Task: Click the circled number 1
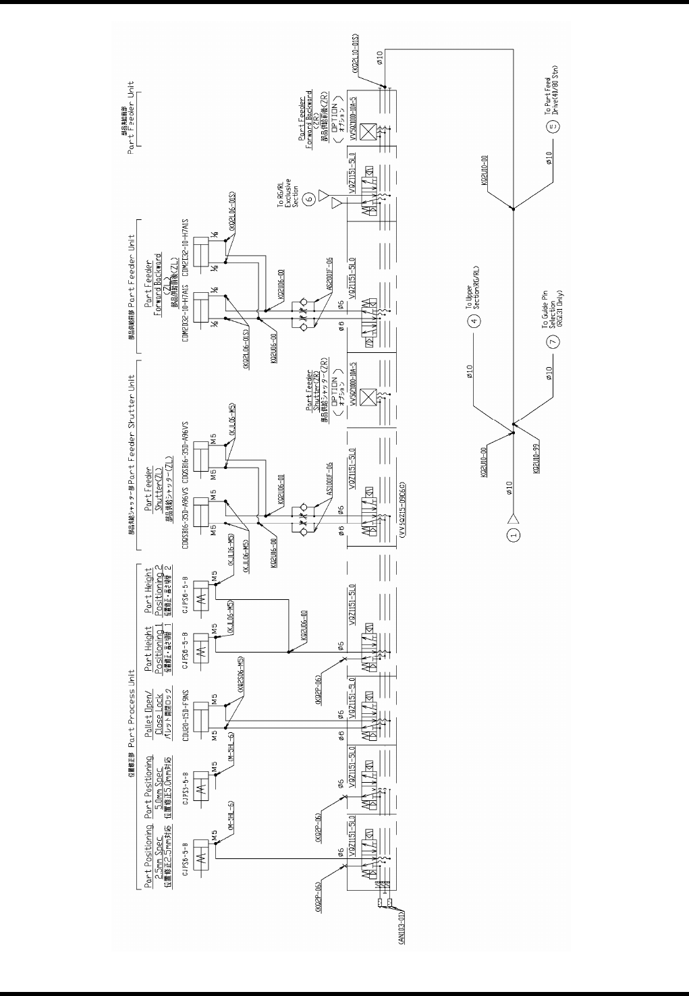[x=515, y=536]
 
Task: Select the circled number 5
[x=555, y=127]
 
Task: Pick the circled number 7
[x=555, y=342]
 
